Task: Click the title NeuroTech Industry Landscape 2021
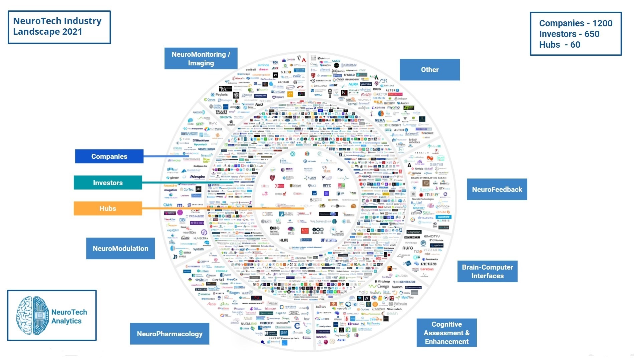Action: click(57, 26)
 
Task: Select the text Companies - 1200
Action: click(576, 23)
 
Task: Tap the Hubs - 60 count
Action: click(560, 45)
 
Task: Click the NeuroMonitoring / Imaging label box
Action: click(201, 59)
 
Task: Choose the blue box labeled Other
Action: click(429, 70)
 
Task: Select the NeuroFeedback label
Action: click(497, 190)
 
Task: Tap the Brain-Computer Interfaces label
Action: click(487, 272)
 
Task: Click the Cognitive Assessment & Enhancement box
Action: click(446, 333)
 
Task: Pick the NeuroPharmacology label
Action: click(170, 334)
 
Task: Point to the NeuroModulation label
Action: click(120, 249)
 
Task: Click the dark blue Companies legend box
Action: click(109, 156)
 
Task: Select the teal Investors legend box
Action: click(108, 183)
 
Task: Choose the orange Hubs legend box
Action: click(108, 209)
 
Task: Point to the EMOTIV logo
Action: click(432, 236)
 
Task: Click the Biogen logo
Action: click(234, 293)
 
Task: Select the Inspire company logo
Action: click(198, 177)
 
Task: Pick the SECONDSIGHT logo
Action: click(390, 125)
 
